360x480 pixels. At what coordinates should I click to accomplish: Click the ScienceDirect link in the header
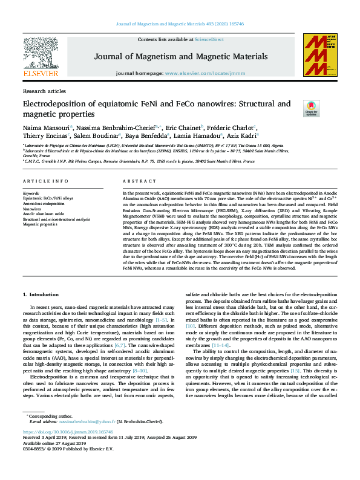click(209, 39)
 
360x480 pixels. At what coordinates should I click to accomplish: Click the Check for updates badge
click(311, 108)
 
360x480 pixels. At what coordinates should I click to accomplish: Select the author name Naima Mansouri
click(46, 128)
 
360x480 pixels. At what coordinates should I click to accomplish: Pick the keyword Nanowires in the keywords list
click(33, 208)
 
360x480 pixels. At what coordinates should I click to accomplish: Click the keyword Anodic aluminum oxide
click(43, 213)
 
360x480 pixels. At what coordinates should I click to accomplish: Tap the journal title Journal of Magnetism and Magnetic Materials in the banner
click(180, 57)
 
